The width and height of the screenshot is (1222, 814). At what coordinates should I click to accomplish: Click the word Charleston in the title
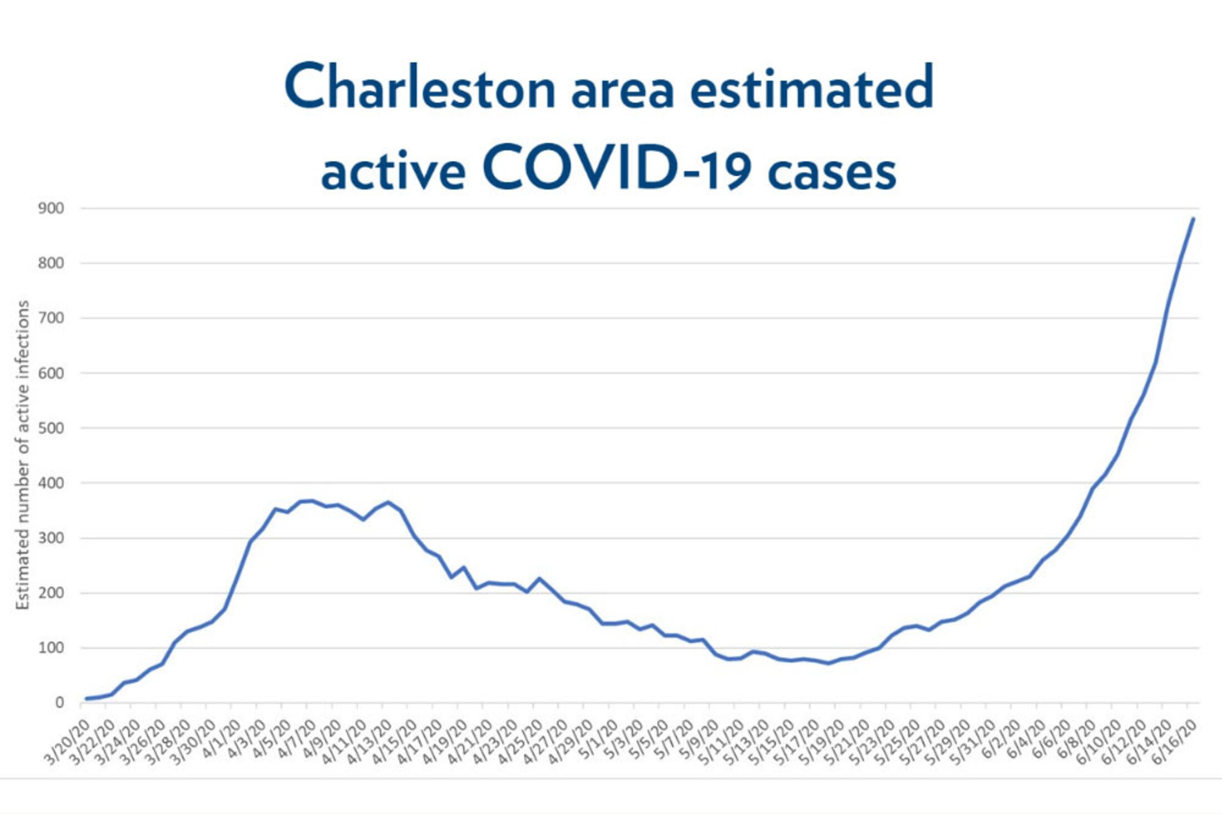[x=420, y=88]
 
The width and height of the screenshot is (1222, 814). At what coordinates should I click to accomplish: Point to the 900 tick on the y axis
[x=51, y=208]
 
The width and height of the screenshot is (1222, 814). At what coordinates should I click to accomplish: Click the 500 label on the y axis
[x=51, y=428]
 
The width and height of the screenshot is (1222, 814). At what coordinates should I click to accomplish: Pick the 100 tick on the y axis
[x=51, y=648]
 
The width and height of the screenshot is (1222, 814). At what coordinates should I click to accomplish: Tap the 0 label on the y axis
[x=59, y=703]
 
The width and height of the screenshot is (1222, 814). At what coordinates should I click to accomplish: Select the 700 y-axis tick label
[x=51, y=318]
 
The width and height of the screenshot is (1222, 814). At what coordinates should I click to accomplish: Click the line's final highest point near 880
[x=1193, y=219]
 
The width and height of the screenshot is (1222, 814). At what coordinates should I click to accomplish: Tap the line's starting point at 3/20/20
[x=86, y=698]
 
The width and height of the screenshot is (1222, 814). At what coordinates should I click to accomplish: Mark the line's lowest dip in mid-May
[x=829, y=663]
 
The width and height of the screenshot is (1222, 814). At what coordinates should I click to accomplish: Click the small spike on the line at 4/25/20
[x=539, y=578]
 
